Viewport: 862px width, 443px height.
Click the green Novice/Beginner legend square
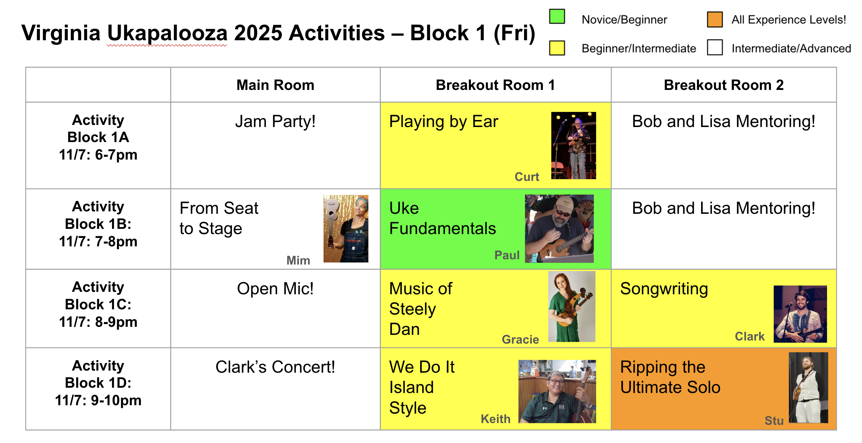point(557,16)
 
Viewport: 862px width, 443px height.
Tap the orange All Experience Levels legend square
point(715,19)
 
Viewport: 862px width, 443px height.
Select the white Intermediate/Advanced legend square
point(715,47)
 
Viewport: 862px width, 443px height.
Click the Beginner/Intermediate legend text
point(639,48)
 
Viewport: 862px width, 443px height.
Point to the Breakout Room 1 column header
point(495,85)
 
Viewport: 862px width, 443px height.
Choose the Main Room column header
point(275,85)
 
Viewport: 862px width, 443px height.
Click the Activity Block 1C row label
point(98,304)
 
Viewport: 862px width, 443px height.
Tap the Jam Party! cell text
point(275,121)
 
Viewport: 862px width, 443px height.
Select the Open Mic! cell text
point(275,289)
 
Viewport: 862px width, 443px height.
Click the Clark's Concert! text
point(275,367)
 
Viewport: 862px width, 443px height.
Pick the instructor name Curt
point(527,177)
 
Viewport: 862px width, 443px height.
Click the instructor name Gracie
point(520,339)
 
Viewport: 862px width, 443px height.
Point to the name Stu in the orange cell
point(774,420)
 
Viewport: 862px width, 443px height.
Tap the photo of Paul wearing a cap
point(559,228)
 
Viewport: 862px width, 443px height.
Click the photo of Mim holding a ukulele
point(346,228)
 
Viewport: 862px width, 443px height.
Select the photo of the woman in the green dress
point(572,307)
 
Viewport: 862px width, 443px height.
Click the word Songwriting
point(664,289)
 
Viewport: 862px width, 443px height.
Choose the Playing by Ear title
point(444,122)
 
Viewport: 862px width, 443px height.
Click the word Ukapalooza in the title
point(167,33)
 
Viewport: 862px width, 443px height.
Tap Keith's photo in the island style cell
point(557,391)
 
